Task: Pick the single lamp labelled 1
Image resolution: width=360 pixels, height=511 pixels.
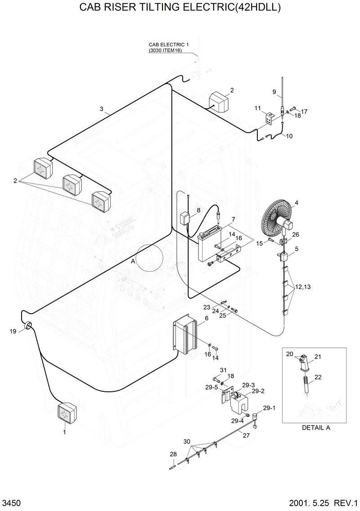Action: (67, 413)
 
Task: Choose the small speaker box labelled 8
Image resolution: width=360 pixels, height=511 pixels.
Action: (184, 219)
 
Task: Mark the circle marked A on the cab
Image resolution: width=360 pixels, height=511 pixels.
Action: (150, 258)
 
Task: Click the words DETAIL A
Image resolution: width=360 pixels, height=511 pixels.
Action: (316, 428)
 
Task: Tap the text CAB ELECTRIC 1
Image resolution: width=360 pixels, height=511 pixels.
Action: (169, 45)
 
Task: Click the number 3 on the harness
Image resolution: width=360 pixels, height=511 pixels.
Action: (101, 109)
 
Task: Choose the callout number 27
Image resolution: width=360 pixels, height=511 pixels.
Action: (246, 435)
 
